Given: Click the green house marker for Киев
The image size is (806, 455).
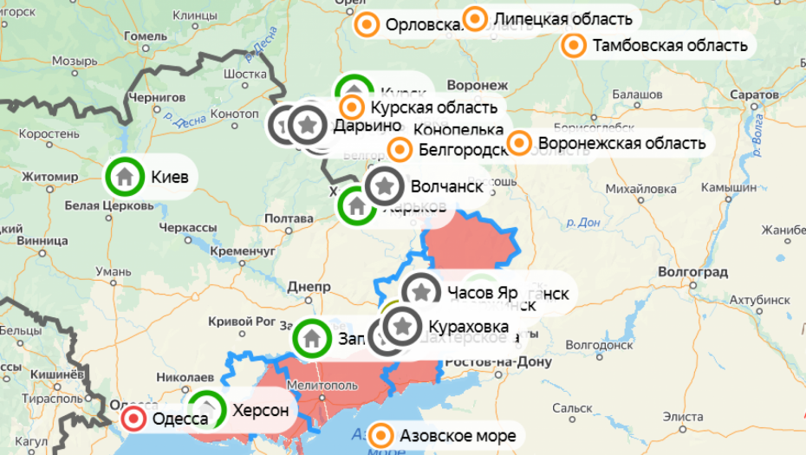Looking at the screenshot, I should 125,176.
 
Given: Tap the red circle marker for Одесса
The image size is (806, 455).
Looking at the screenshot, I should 133,420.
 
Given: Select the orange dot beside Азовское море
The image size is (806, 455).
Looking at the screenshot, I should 382,434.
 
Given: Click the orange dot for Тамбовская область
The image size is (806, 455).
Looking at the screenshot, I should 573,45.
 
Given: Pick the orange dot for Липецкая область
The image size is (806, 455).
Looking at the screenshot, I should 475,18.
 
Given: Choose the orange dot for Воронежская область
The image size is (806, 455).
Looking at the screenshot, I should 518,143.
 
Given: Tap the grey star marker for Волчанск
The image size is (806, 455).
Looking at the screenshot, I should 385,186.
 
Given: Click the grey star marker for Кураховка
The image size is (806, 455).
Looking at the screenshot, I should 401,327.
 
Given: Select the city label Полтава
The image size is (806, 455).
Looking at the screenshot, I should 288,218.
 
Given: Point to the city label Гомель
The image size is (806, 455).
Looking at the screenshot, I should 145,36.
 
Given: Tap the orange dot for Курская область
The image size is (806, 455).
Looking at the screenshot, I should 352,107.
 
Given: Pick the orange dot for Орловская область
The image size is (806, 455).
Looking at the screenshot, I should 367,25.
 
